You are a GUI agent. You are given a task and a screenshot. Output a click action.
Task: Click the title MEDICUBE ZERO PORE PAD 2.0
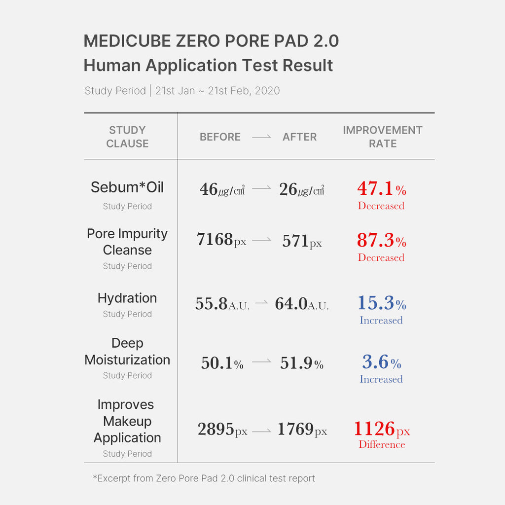[211, 41]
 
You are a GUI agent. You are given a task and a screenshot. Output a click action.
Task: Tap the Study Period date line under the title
[182, 91]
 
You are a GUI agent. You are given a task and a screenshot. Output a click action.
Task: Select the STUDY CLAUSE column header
[127, 137]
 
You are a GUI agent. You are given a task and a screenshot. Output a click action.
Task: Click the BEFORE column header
[220, 137]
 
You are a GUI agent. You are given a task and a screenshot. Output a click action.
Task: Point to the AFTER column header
[299, 137]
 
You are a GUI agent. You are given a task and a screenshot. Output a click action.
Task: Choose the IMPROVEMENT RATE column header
[383, 137]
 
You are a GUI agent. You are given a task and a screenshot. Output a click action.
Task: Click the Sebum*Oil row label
[127, 187]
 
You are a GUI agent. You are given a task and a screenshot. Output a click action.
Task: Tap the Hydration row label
[127, 298]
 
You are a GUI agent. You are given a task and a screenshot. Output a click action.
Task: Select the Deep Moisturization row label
[127, 352]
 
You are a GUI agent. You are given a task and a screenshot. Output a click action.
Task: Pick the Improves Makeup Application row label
[127, 421]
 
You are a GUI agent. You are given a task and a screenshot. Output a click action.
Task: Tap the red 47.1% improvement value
[381, 188]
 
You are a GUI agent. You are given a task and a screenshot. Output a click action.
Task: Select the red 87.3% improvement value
[381, 240]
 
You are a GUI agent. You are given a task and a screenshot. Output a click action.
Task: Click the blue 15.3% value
[381, 303]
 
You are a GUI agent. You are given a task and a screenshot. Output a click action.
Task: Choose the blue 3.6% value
[381, 362]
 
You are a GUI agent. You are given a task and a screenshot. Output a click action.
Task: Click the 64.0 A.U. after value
[301, 304]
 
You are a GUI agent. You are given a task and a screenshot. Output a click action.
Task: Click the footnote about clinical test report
[204, 478]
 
